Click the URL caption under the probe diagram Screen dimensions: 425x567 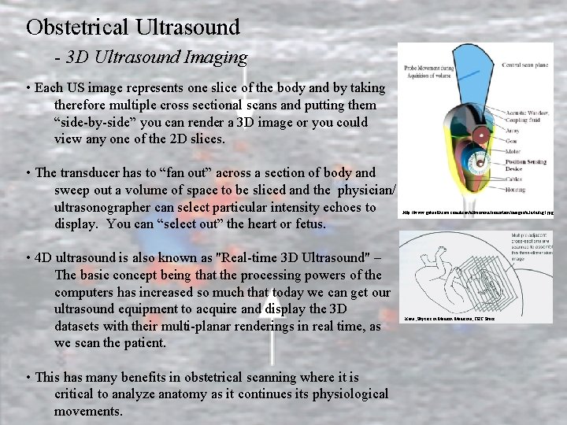click(x=477, y=213)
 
